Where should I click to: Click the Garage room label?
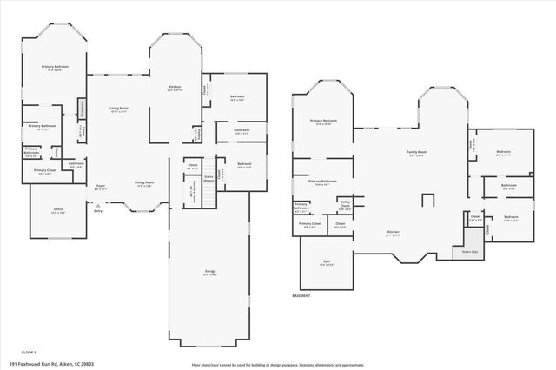(x=209, y=273)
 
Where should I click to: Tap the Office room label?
(x=58, y=211)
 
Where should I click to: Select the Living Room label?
(x=118, y=109)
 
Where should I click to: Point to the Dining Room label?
(x=144, y=183)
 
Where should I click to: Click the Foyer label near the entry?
(x=101, y=186)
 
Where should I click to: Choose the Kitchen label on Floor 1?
(x=175, y=88)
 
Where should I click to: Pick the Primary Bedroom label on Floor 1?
(x=55, y=68)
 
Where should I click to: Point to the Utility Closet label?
(x=344, y=207)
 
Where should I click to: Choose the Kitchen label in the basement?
(x=393, y=233)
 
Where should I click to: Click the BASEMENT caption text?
(x=301, y=295)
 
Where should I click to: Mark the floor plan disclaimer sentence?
(x=278, y=365)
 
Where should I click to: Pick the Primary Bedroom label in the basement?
(x=322, y=122)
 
